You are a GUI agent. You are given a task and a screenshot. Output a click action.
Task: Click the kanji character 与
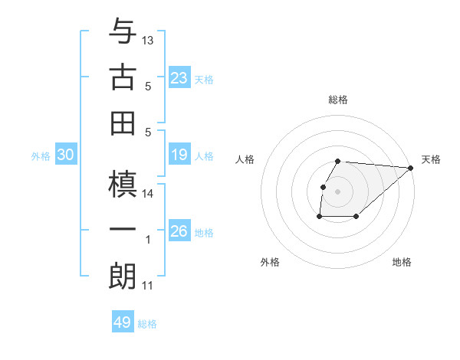[123, 32]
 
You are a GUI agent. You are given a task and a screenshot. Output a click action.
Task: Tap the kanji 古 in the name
[123, 77]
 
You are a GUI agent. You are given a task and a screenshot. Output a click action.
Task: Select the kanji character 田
[123, 122]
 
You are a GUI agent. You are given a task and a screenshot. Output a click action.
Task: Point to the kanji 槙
[123, 185]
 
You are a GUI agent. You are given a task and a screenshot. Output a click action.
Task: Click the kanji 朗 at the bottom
[123, 276]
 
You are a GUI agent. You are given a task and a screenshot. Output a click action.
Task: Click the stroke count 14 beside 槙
[148, 194]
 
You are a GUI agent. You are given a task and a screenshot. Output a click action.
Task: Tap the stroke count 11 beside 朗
[148, 286]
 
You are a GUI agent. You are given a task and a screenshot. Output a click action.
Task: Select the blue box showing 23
[179, 78]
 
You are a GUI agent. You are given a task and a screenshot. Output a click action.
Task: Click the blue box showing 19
[179, 155]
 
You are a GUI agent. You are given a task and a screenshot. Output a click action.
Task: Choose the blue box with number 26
[179, 231]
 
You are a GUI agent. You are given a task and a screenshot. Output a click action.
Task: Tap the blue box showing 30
[65, 155]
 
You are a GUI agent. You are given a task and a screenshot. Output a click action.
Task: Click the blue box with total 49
[123, 322]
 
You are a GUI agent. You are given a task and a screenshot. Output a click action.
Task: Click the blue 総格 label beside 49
[147, 324]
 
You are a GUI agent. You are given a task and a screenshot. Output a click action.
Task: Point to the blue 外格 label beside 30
[41, 156]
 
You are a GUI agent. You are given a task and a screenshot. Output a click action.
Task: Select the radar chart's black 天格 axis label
[431, 159]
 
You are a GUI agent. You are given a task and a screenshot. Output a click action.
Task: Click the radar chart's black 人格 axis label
[245, 159]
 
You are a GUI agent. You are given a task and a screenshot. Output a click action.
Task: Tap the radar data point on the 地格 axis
[356, 217]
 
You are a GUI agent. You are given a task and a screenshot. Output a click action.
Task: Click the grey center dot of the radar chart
[338, 191]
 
